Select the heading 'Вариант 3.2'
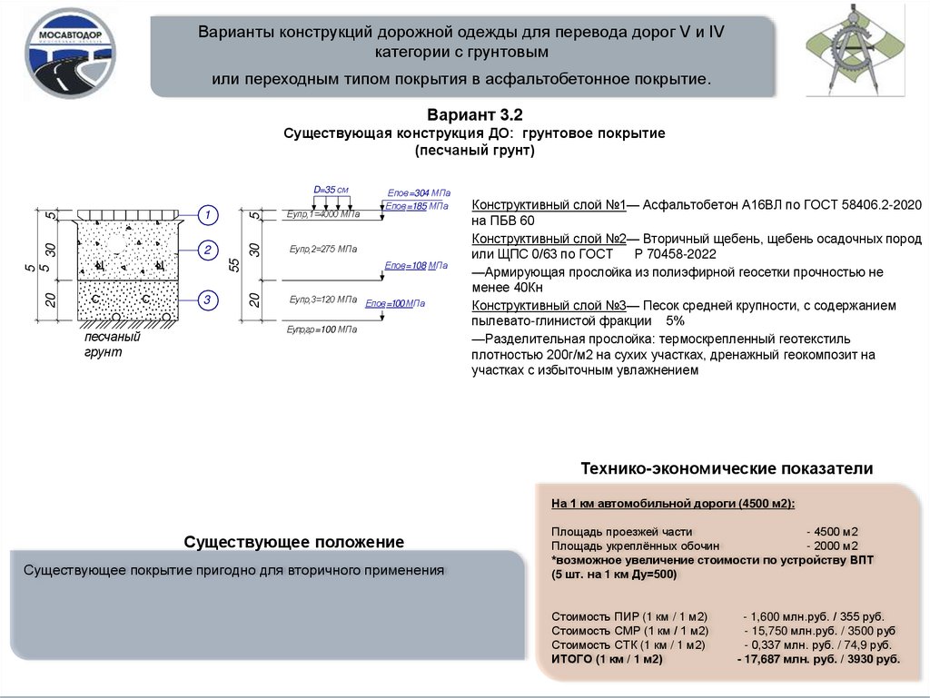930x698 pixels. (474, 115)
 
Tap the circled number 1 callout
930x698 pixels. (208, 215)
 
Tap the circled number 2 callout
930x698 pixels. (208, 251)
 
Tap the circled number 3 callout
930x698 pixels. (208, 300)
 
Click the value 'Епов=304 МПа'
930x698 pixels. (419, 193)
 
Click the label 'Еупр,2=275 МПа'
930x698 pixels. (322, 248)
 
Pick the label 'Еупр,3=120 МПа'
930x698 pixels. (322, 300)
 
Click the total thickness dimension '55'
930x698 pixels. (234, 265)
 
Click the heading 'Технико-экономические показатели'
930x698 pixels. (727, 469)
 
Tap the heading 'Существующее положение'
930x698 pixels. (293, 542)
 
